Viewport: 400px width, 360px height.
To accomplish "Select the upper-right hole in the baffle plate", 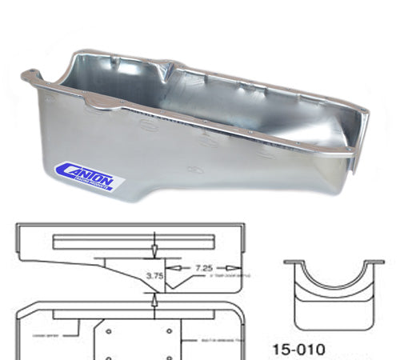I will tap(168, 329).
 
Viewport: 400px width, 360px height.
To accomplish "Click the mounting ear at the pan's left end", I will tap(30, 78).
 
